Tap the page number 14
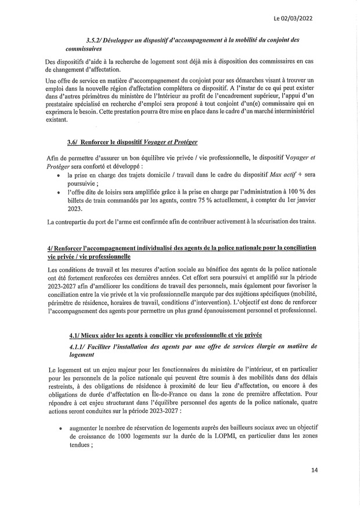pos(315,470)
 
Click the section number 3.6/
pos(72,141)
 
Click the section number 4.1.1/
pos(77,346)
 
